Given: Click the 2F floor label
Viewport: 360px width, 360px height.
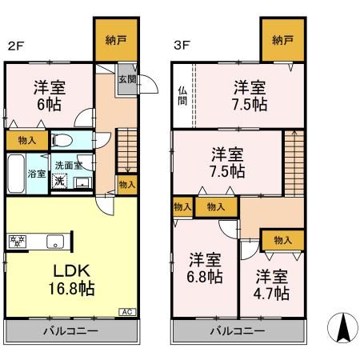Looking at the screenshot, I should (x=14, y=46).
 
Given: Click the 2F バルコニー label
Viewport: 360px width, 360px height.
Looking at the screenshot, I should (x=70, y=330).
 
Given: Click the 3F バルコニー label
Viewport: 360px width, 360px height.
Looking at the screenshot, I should (x=238, y=330).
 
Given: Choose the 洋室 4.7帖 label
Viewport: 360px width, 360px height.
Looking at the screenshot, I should (x=273, y=285).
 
